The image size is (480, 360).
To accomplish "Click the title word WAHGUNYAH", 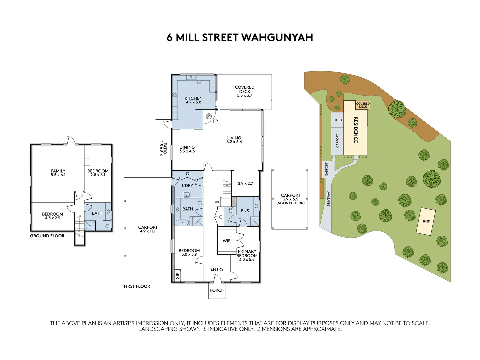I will [x=277, y=37].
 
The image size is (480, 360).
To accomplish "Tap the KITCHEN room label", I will [x=193, y=98].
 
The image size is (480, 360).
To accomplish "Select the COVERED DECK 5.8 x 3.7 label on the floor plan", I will [x=244, y=91].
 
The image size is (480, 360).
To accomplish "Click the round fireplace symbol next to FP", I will [x=209, y=116].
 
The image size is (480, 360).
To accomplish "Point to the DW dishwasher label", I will [x=199, y=82].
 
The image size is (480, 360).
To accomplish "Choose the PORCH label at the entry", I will [x=217, y=290].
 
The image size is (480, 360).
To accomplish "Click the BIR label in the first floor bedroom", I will [x=177, y=276].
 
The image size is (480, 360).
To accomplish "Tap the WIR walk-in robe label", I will [x=227, y=241].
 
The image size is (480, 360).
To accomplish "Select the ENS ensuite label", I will [x=245, y=211].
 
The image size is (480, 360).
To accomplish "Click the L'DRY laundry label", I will [x=187, y=185].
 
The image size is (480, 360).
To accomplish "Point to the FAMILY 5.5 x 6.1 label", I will [x=58, y=173].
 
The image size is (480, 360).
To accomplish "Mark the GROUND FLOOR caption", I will [x=47, y=236].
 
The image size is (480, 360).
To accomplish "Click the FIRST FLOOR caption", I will [x=137, y=286].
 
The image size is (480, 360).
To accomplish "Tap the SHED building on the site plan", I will [x=426, y=221].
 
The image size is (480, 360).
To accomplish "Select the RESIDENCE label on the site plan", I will [x=355, y=130].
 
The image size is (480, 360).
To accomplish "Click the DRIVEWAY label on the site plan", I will [x=328, y=199].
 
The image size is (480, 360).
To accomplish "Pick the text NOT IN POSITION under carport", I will [x=290, y=203].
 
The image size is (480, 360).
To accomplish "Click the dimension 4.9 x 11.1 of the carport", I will [x=148, y=231].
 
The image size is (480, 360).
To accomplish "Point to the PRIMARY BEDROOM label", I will [x=247, y=253].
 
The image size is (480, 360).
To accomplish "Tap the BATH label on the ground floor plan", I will [x=97, y=213].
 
